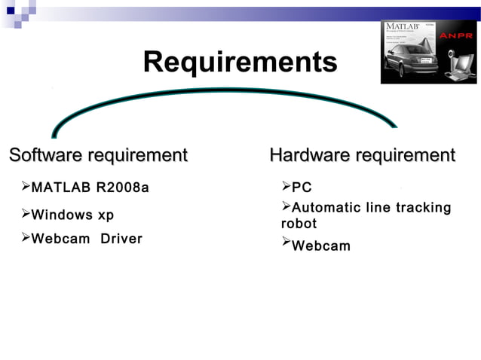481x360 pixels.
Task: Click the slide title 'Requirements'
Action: pos(240,62)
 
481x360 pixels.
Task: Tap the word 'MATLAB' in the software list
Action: pos(59,187)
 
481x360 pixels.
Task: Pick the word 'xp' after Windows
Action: pos(106,215)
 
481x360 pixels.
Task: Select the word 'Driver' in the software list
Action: pos(121,239)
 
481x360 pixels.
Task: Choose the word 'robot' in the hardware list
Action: pos(299,224)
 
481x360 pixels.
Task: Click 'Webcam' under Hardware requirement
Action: pos(321,246)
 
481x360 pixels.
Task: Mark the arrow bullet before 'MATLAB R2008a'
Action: pos(26,186)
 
